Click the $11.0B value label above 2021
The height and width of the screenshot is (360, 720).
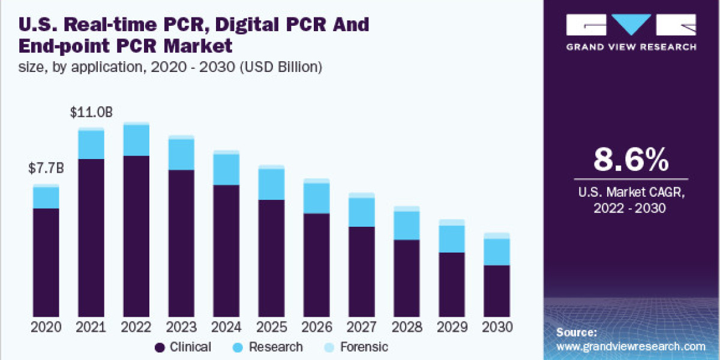tap(92, 112)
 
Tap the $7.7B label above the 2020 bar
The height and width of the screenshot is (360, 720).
tap(46, 169)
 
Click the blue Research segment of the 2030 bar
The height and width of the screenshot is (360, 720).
tap(497, 252)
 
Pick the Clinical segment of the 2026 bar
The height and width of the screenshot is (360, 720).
tap(316, 264)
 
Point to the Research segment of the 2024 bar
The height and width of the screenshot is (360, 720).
tap(226, 169)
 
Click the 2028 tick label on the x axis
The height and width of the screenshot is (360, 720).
tap(407, 328)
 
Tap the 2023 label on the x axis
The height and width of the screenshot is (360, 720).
tap(182, 328)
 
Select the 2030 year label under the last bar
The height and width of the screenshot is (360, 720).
tap(497, 328)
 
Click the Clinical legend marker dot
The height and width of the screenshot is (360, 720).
tap(160, 347)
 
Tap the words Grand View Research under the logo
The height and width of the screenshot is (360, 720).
tap(631, 47)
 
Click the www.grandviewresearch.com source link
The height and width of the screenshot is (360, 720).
tap(631, 346)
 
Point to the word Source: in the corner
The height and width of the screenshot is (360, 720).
tap(577, 332)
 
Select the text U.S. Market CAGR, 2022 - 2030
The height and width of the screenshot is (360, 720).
tap(631, 200)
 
